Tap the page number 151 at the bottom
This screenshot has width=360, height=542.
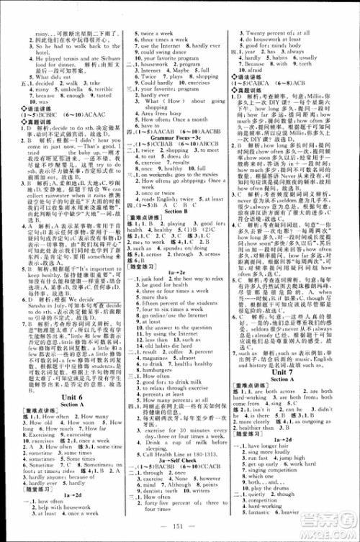coord(179,531)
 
